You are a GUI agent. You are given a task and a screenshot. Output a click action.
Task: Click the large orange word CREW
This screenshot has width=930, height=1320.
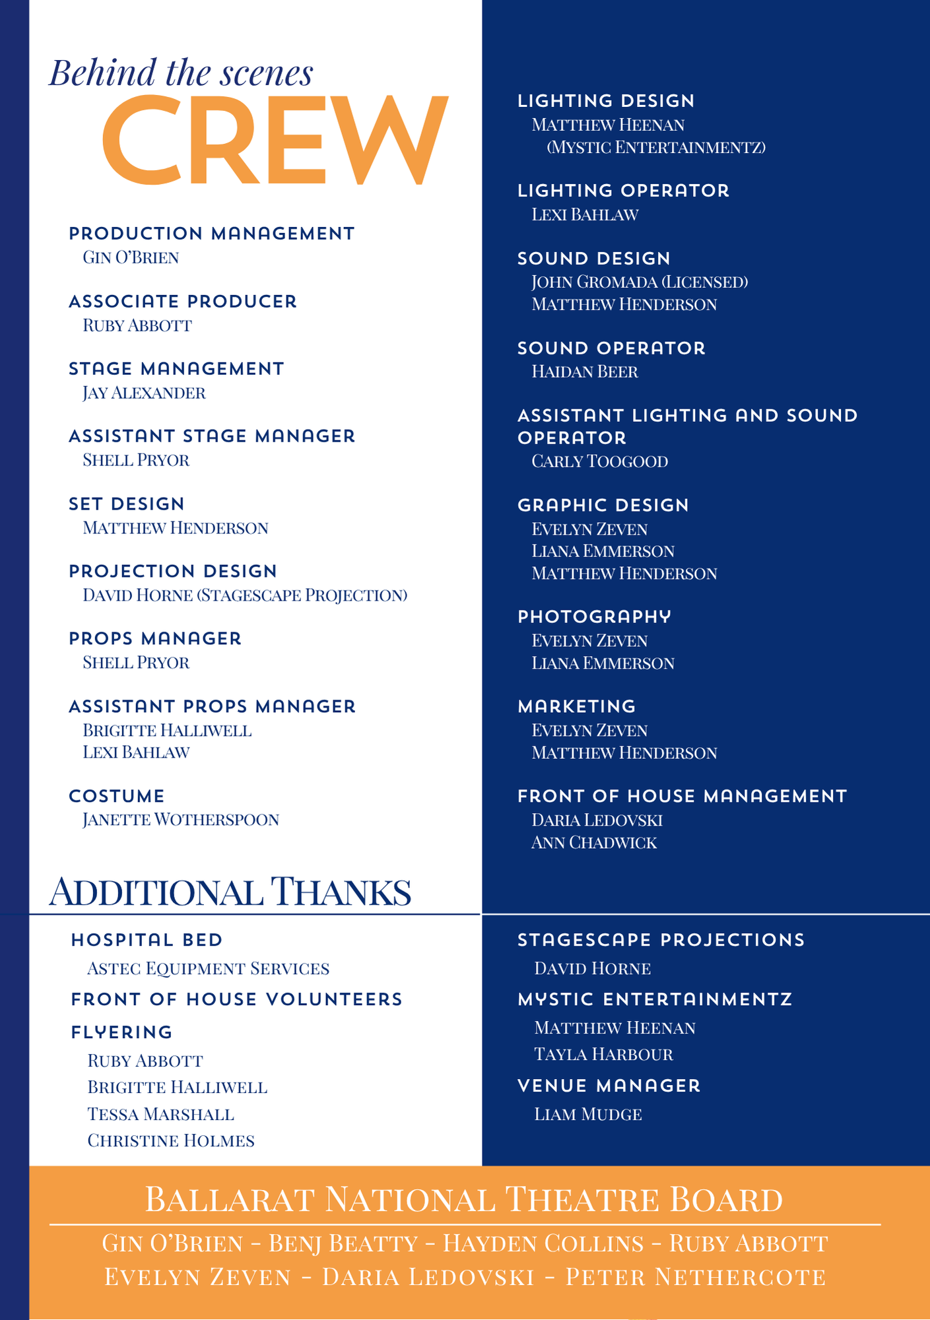[275, 140]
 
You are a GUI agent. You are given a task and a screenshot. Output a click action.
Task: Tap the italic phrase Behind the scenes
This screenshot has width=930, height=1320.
[182, 73]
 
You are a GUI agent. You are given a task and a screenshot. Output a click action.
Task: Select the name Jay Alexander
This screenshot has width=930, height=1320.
[144, 393]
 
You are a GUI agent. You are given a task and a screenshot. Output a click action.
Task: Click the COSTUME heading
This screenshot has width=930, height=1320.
[117, 796]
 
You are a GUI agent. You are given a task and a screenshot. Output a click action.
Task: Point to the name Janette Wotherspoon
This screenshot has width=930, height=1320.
[181, 820]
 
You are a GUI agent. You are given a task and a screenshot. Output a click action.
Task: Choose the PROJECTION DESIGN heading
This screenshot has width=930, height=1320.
[173, 571]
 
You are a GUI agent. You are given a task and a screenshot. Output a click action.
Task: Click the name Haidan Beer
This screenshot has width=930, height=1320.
[585, 372]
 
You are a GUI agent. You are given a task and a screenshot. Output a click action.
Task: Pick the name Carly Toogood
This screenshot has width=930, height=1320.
[600, 461]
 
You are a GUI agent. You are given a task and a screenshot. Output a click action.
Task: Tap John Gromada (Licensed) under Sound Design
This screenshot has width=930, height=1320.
[640, 282]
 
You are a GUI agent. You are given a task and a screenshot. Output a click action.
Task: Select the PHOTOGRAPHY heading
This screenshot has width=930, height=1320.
[594, 616]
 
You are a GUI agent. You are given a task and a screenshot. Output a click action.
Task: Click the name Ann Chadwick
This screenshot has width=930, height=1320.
[594, 843]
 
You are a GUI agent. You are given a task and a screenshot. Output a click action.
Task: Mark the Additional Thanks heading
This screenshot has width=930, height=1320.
[230, 892]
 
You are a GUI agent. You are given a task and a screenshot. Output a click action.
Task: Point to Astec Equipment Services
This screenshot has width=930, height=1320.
[208, 969]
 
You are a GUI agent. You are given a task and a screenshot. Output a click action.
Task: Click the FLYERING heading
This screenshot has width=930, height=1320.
[122, 1032]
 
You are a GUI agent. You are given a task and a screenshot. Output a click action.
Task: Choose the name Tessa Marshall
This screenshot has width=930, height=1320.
[161, 1115]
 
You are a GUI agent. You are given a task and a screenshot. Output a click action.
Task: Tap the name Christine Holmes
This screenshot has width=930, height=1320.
[171, 1141]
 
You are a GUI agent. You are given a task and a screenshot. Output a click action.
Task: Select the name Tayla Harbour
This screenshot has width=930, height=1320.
[603, 1055]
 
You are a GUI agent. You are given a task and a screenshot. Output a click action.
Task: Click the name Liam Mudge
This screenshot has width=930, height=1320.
[588, 1115]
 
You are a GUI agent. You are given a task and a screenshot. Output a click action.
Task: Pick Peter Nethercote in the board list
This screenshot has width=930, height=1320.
[696, 1277]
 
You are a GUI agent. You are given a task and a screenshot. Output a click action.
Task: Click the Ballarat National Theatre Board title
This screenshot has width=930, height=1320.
[463, 1199]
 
